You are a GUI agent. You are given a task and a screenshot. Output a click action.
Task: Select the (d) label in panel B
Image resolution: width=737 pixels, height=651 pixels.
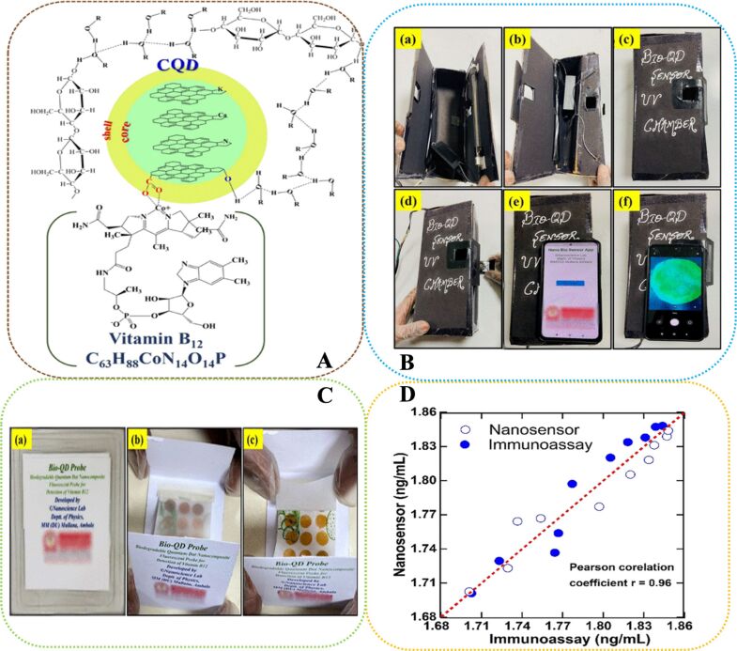pos(409,203)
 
